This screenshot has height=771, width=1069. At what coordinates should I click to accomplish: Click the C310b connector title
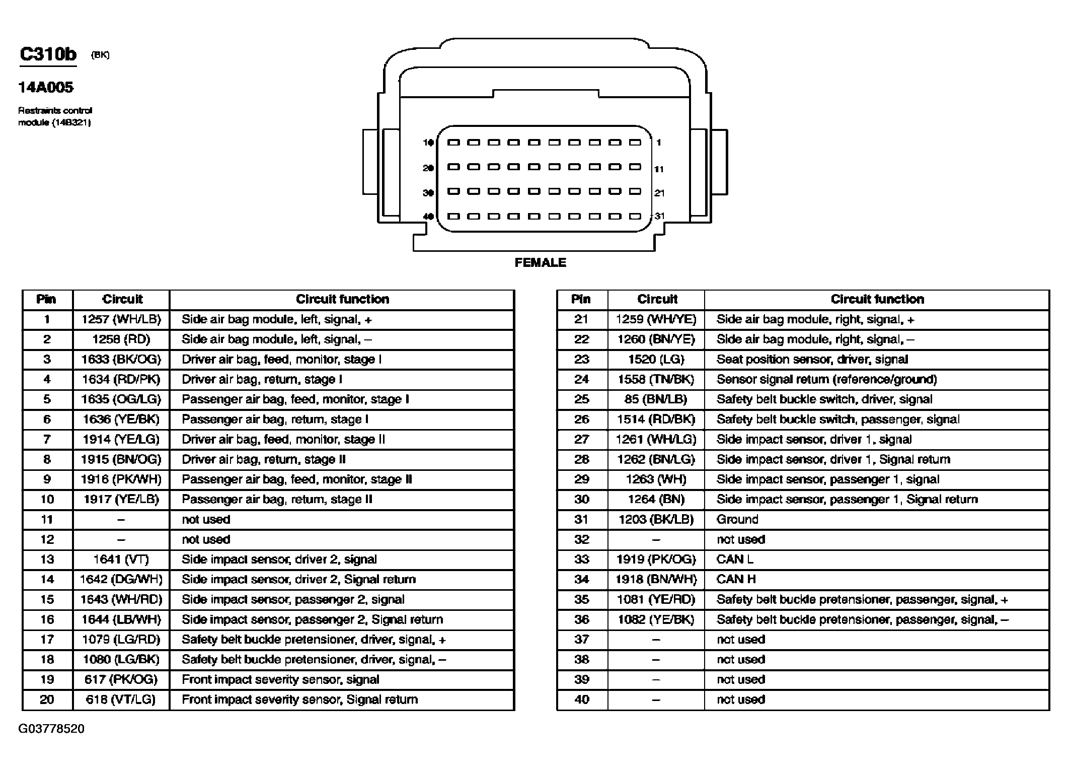tap(48, 54)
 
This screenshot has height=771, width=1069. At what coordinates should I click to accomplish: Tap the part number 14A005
tap(46, 88)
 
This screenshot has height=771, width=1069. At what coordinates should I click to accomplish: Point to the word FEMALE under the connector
tap(540, 262)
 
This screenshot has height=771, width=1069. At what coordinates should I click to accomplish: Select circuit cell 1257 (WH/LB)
tap(121, 319)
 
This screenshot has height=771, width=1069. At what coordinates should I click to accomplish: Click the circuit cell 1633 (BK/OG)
tap(121, 360)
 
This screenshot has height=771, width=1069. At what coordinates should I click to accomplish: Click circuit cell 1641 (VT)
tap(121, 559)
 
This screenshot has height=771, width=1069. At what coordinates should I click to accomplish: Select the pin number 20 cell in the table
tap(47, 699)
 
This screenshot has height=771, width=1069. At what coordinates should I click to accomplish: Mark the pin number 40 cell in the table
tap(582, 699)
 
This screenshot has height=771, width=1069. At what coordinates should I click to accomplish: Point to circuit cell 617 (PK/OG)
tap(121, 679)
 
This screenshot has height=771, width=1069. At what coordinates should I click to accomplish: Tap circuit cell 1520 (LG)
tap(656, 360)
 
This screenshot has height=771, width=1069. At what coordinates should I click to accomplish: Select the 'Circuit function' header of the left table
tap(342, 299)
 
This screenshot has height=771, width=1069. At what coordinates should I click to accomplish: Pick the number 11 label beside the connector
tap(659, 169)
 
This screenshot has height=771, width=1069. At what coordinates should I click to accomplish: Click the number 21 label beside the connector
tap(659, 193)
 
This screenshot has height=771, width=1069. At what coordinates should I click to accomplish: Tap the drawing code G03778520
tap(51, 729)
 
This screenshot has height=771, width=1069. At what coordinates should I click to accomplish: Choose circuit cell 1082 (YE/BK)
tap(656, 619)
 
